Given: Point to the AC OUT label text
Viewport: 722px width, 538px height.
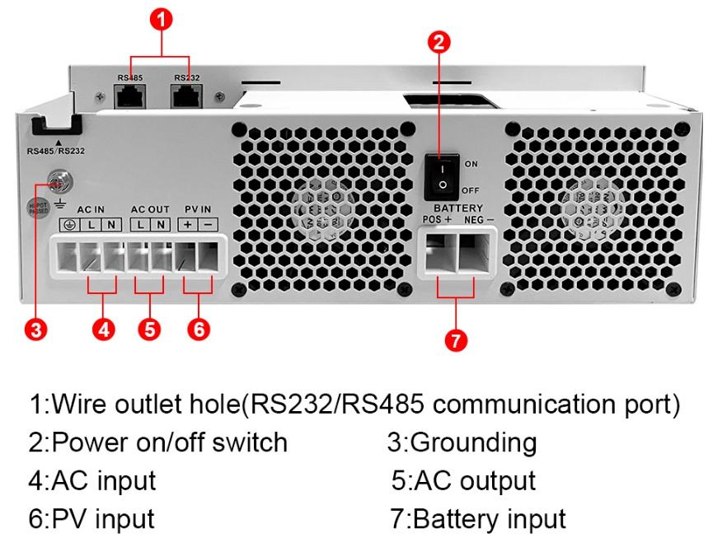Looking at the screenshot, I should click(x=150, y=209).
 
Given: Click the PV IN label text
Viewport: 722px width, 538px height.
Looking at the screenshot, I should click(x=198, y=209).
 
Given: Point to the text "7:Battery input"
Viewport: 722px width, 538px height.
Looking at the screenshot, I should click(x=477, y=519).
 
